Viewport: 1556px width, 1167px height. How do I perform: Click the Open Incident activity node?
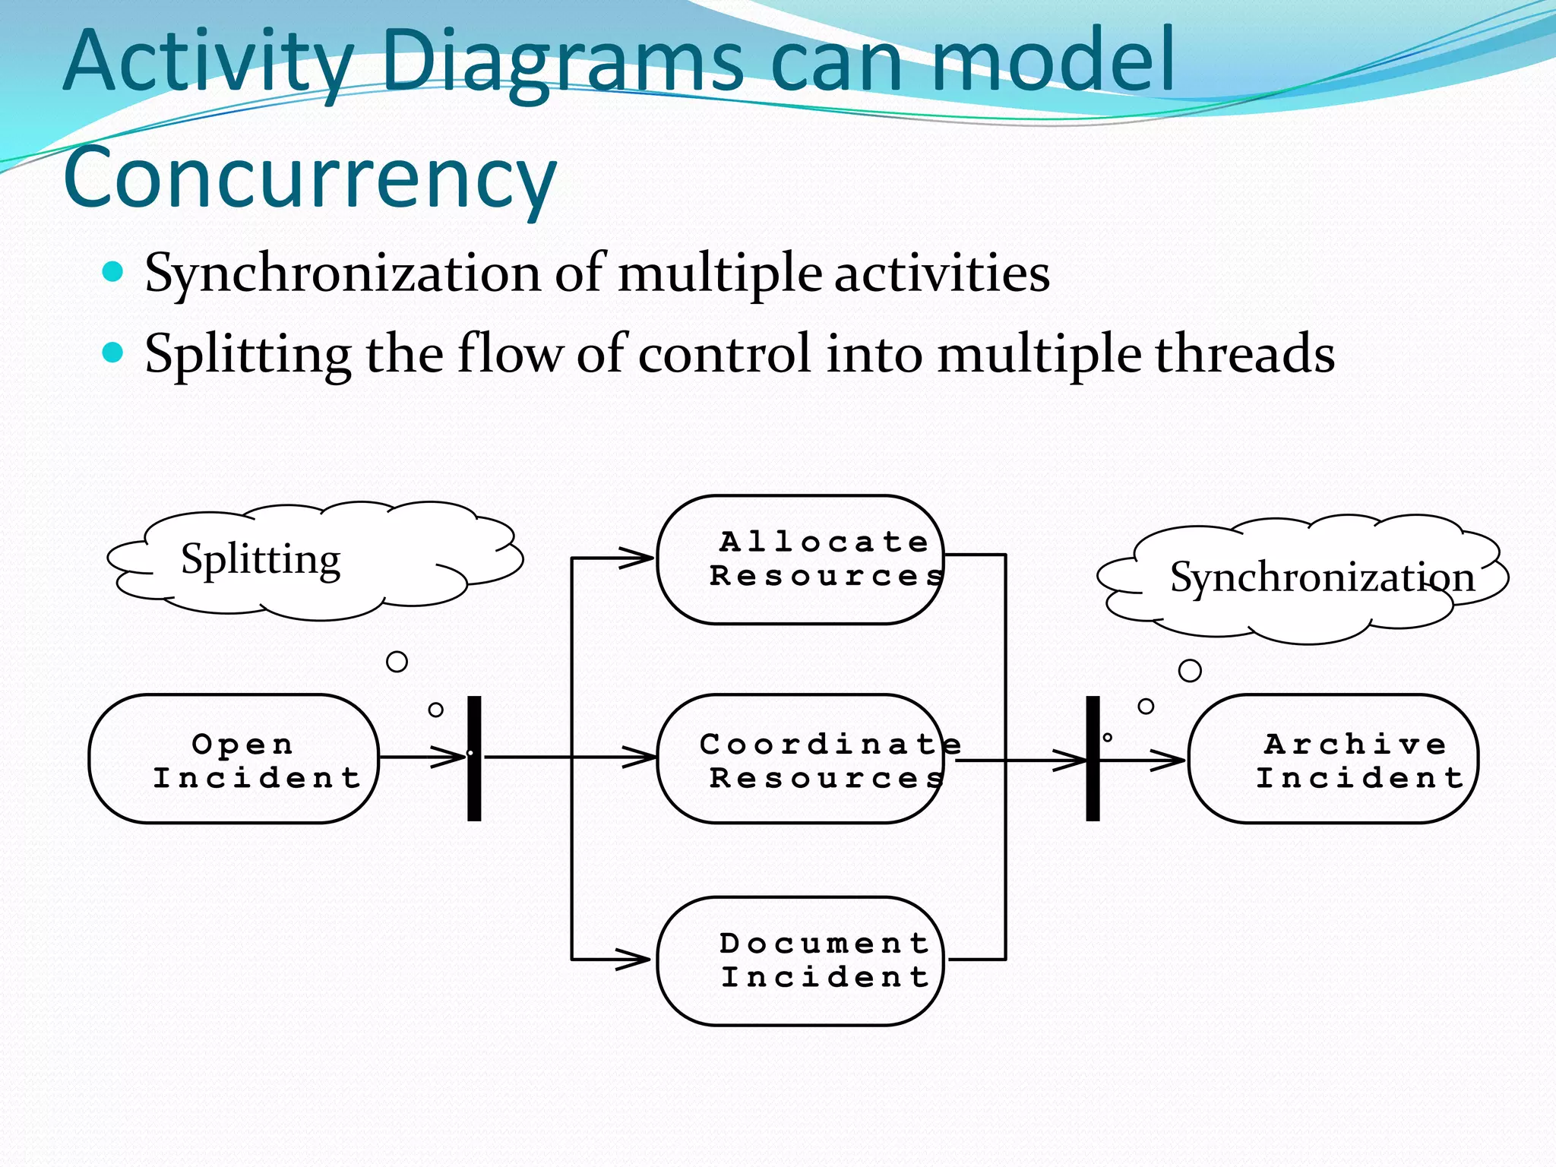233,759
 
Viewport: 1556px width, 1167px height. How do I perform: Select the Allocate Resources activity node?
799,560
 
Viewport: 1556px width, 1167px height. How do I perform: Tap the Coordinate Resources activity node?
799,759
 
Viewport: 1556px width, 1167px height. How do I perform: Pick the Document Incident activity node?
799,961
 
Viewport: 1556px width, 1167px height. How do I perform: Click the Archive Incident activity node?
1333,759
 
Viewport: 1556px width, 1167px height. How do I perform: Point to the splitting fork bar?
474,759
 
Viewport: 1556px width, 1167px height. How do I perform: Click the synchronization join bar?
1093,759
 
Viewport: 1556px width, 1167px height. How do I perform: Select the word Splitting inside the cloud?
261,560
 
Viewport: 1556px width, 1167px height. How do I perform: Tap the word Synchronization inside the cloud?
1322,577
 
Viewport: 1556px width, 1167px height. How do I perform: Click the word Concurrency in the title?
310,179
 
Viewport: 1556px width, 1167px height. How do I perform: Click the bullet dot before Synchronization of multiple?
112,272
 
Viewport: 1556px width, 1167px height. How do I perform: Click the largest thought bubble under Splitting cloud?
397,662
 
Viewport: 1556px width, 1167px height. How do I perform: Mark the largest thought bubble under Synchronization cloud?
1190,671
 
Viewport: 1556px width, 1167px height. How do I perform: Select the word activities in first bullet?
942,274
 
